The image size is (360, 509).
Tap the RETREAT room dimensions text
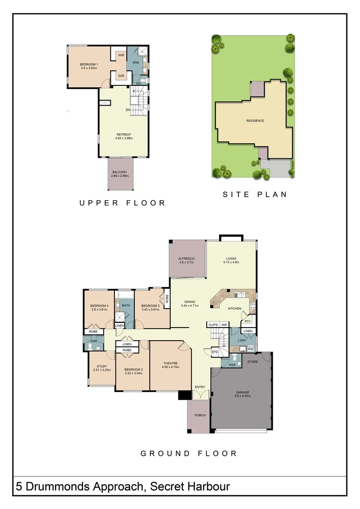tap(123, 139)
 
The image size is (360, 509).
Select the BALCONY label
tap(120, 172)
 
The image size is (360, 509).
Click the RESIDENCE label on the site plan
tap(255, 121)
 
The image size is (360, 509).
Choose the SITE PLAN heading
tap(255, 194)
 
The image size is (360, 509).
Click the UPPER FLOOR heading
tap(123, 203)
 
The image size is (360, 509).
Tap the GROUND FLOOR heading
tap(188, 453)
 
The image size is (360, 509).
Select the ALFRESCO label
tap(186, 259)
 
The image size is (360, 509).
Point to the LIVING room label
tap(231, 258)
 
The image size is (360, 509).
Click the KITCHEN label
tap(235, 309)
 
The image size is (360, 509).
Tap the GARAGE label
tap(243, 392)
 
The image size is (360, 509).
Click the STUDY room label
tap(102, 366)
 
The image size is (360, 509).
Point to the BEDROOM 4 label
tap(99, 306)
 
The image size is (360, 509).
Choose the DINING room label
tap(189, 302)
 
